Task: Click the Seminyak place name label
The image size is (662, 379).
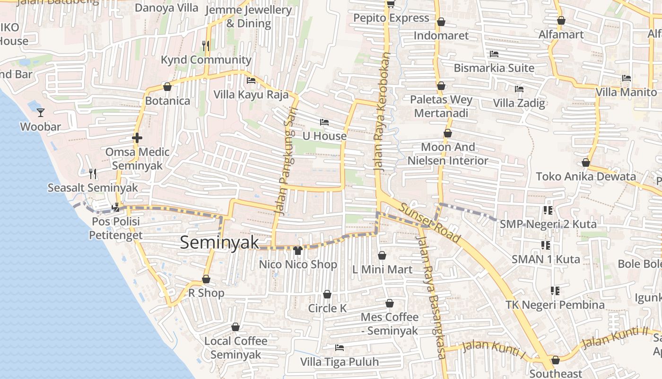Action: point(219,243)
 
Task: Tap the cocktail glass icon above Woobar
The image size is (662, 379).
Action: point(41,113)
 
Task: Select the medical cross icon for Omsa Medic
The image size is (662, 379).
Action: point(137,138)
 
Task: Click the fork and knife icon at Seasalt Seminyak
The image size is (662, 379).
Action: point(93,174)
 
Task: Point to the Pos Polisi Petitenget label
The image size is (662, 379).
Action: point(116,228)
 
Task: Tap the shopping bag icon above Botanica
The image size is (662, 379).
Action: point(167,87)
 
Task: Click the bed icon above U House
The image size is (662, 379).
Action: point(324,122)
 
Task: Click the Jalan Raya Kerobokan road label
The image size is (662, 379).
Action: point(383,111)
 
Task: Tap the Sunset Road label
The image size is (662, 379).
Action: point(429,222)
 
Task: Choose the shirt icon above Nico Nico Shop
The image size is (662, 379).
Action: point(298,250)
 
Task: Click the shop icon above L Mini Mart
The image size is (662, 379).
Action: point(382,255)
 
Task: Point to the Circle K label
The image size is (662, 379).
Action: point(327,308)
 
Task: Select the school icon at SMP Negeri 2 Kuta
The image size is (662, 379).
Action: point(548,210)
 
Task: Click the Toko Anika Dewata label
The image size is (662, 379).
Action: point(586,177)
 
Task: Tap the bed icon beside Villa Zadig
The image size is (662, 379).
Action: point(519,89)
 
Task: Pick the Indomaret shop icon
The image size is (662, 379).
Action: point(441,22)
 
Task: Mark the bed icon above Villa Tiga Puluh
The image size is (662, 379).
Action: point(339,348)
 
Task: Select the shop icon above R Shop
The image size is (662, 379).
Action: point(206,280)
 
